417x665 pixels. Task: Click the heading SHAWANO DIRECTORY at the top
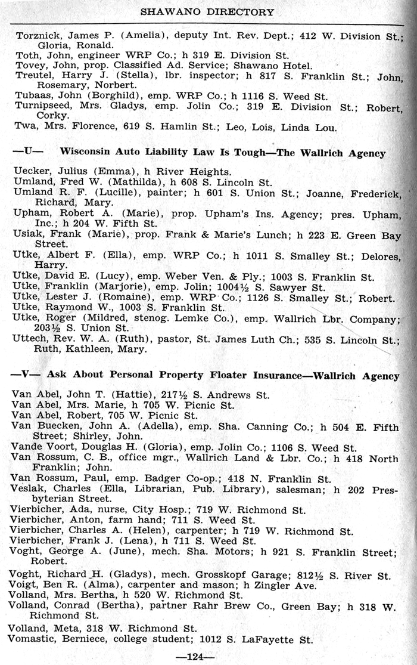[207, 11]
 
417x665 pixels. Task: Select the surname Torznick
[36, 35]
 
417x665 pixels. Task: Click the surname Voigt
[24, 585]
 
